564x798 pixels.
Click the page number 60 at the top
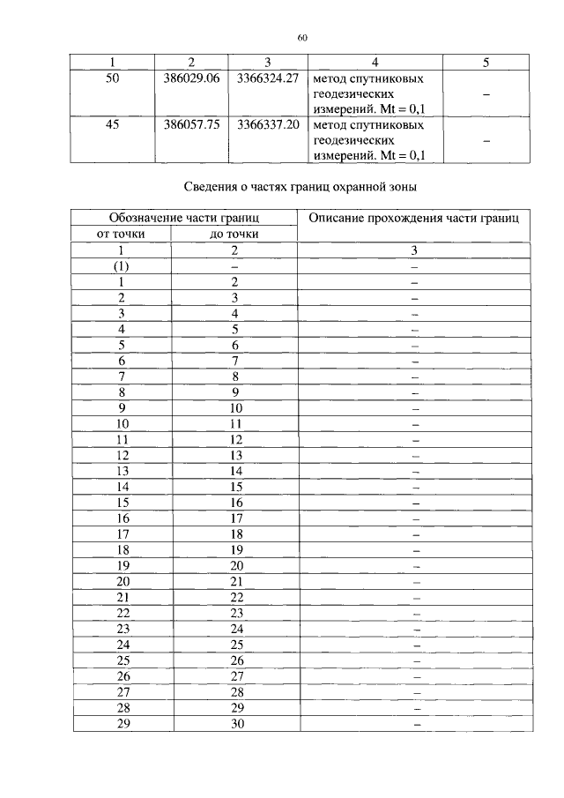pos(301,38)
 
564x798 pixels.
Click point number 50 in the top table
pos(112,78)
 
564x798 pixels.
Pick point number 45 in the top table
pos(112,124)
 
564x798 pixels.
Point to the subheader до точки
pos(235,234)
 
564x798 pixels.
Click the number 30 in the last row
pos(235,724)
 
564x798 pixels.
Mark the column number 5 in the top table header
pos(486,63)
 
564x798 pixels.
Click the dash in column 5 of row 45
pos(486,140)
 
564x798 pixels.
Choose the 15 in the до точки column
pos(235,486)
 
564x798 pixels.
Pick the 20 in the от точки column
pos(122,581)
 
